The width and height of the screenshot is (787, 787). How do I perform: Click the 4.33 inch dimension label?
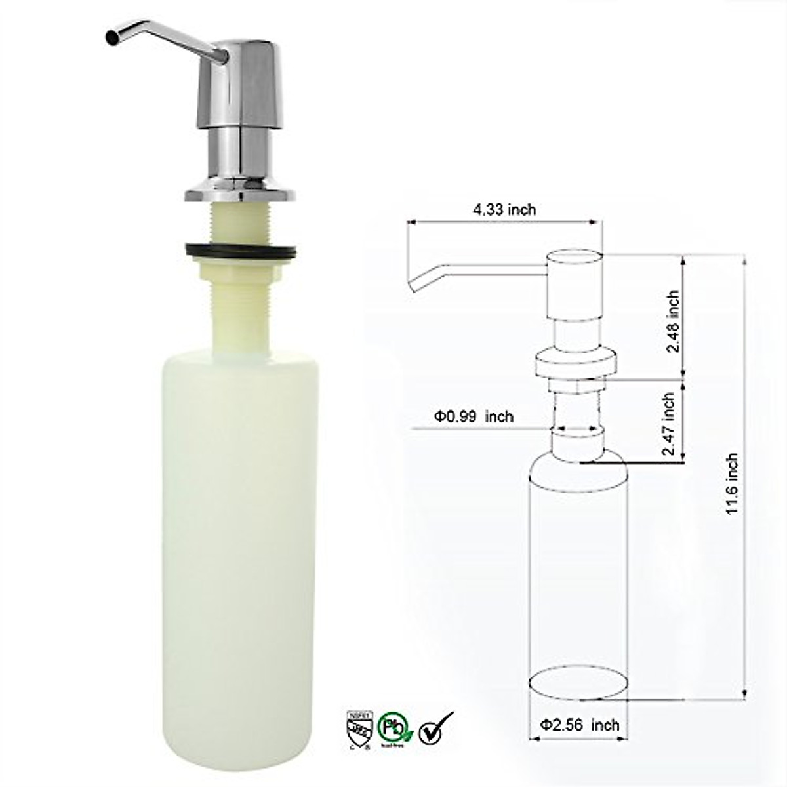point(504,209)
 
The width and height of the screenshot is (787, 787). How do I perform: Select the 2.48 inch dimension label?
point(673,321)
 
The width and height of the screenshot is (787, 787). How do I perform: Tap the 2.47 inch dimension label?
point(669,424)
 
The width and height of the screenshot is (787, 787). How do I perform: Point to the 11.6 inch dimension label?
point(733,484)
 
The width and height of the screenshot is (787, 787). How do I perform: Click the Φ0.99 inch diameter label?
point(473,416)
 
